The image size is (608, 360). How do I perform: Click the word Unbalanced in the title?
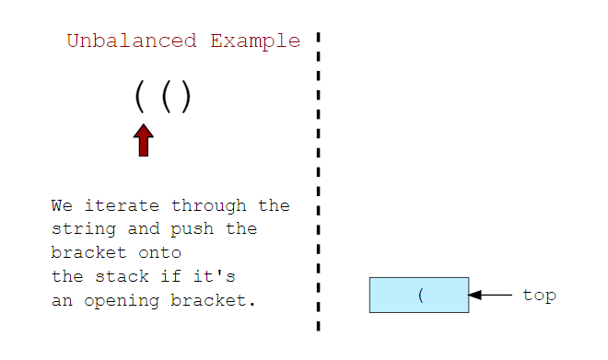[131, 41]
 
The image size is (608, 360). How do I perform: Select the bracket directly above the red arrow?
[140, 97]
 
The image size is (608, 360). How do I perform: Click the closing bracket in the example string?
[185, 97]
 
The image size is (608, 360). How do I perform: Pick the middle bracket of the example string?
[166, 97]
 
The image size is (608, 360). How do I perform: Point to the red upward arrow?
[143, 141]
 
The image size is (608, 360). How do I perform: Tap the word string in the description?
[80, 228]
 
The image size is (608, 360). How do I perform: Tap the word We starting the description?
[61, 205]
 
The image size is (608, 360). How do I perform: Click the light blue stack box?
[396, 296]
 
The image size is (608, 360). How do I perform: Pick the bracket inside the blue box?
[420, 296]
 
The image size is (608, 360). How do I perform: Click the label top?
[539, 296]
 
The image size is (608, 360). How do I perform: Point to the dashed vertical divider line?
[318, 184]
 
